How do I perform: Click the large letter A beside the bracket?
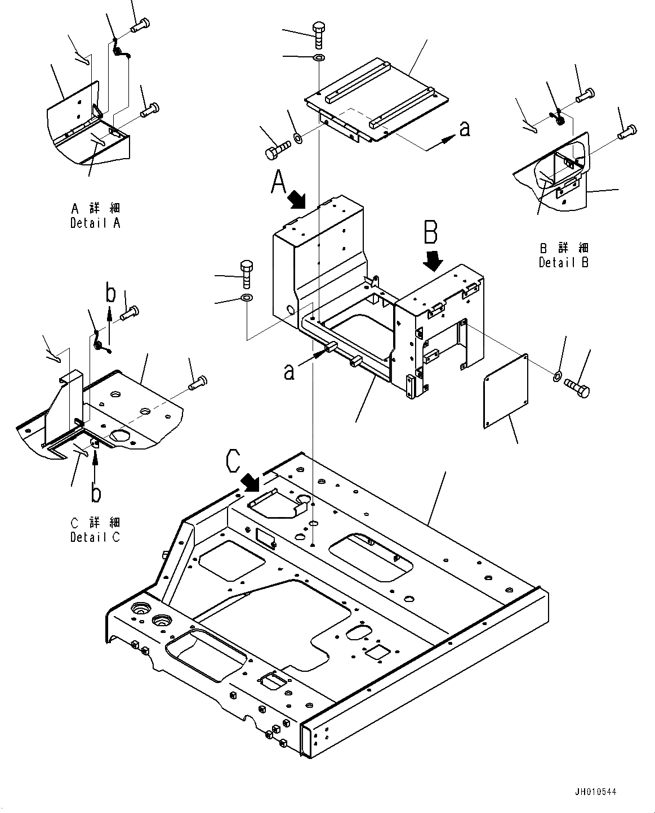coord(280,183)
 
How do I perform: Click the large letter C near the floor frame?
coord(235,461)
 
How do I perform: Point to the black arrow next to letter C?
coord(251,482)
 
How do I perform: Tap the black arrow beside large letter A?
coord(296,199)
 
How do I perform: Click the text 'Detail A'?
coord(95,223)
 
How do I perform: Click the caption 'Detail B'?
coord(563,262)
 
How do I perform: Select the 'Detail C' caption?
coord(95,537)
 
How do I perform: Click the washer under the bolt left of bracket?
coord(247,298)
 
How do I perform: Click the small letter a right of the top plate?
coord(464,129)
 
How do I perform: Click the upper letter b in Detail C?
coord(111,294)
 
